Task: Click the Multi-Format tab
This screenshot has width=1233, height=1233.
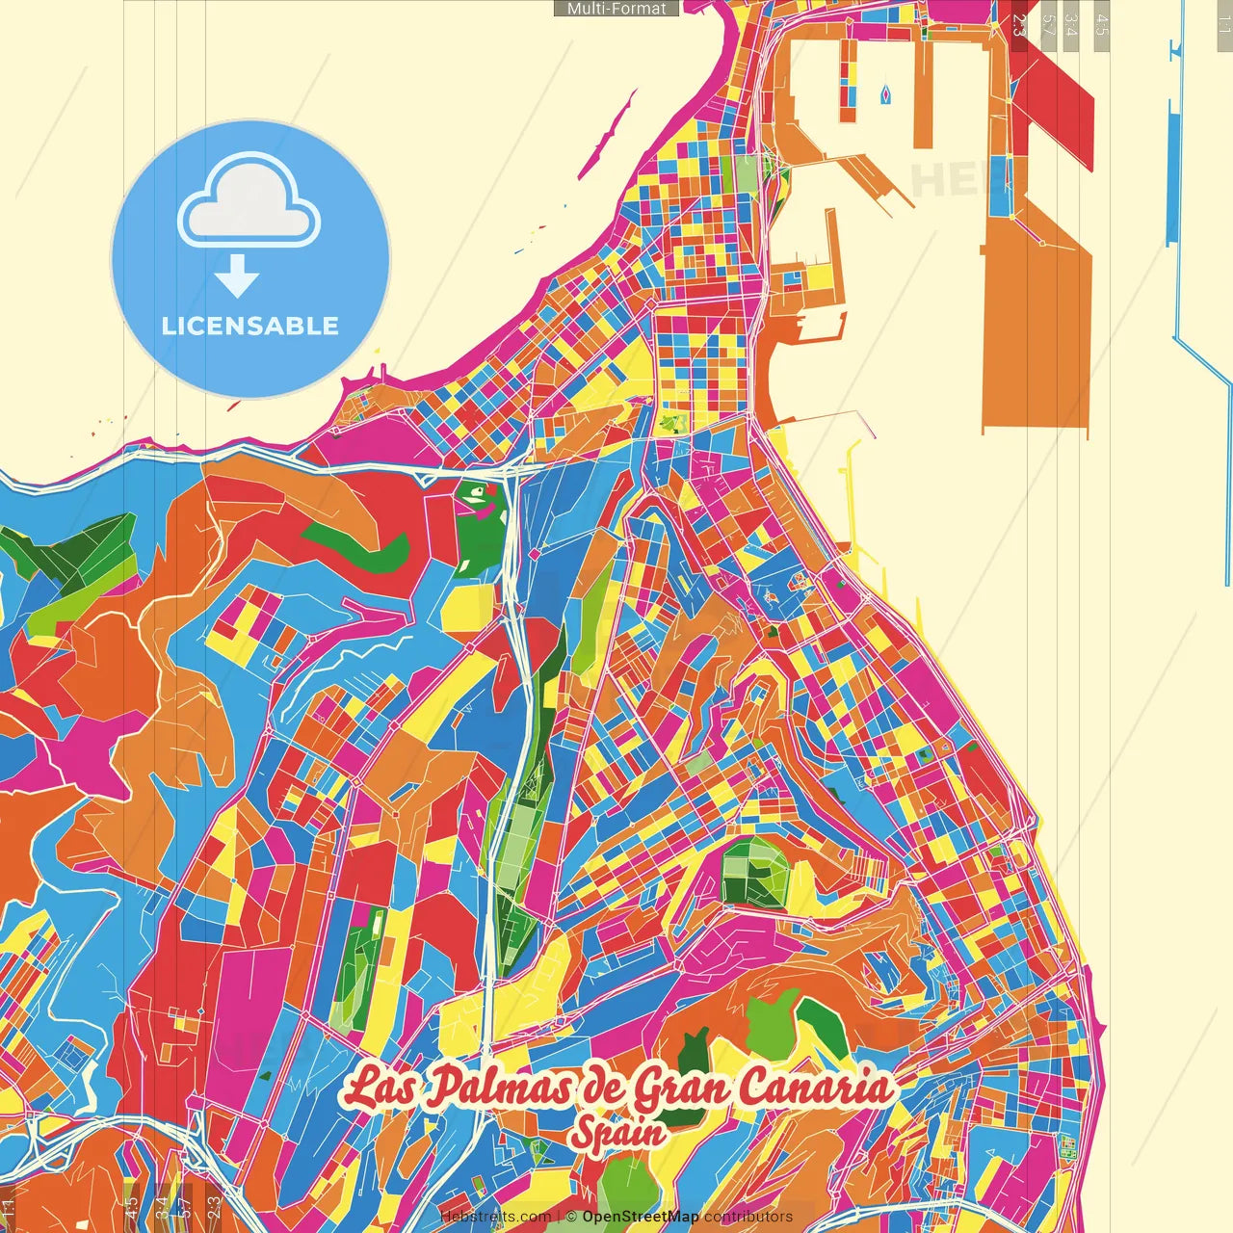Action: tap(616, 9)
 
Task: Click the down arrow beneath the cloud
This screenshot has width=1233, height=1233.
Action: tap(237, 276)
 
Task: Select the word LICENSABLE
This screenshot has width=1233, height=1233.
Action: tap(250, 326)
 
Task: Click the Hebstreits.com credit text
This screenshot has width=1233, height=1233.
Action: tap(495, 1217)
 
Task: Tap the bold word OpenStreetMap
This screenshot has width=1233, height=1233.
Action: tap(641, 1217)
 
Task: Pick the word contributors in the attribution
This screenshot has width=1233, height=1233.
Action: tap(748, 1217)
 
